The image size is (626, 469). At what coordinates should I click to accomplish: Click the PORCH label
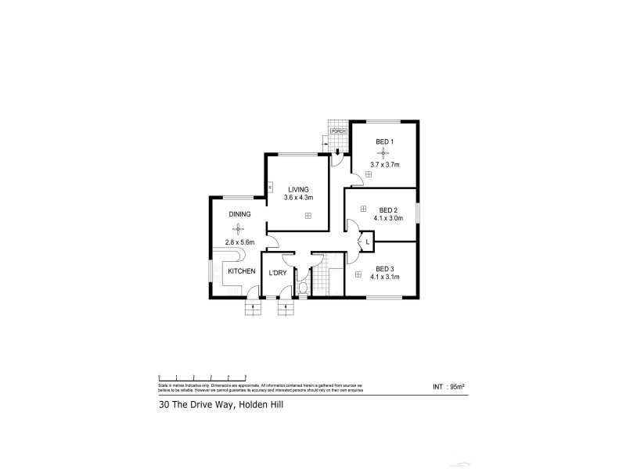(338, 131)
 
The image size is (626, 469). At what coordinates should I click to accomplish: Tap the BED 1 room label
(384, 141)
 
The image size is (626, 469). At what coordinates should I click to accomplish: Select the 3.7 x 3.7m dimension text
(384, 165)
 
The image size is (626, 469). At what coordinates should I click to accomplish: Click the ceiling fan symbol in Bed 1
(384, 153)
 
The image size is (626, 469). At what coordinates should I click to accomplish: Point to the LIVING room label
(297, 189)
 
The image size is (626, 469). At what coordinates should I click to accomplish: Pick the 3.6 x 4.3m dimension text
(297, 198)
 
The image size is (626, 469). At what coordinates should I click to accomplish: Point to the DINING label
(239, 213)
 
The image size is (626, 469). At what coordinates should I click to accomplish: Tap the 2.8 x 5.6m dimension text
(239, 242)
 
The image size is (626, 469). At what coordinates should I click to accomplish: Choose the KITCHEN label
(241, 270)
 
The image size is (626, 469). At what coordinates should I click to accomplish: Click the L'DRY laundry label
(276, 273)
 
